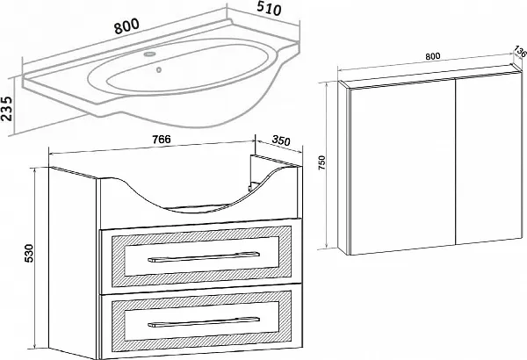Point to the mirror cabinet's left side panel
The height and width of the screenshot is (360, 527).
coord(346,167)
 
